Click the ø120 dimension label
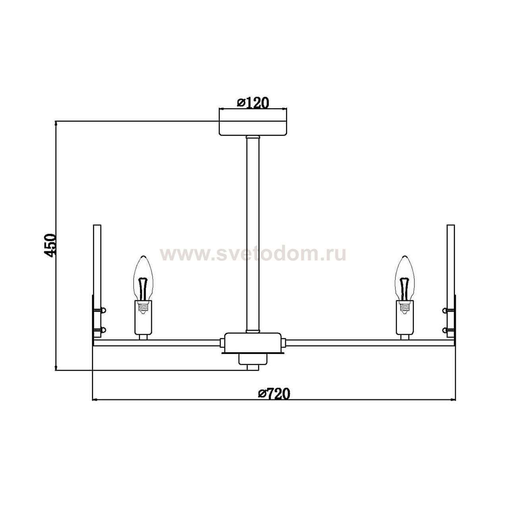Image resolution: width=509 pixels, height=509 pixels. (x=253, y=103)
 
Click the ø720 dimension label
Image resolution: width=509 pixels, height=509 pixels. (x=274, y=394)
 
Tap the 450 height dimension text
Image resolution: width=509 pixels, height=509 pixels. (x=51, y=245)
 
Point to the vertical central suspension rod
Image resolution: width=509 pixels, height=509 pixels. (x=253, y=235)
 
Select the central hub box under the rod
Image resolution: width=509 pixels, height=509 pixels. (x=253, y=342)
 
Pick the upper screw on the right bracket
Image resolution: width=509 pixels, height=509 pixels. (x=449, y=310)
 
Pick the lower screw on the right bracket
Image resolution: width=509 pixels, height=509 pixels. (x=449, y=330)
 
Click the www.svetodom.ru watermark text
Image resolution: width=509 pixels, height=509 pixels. (x=253, y=254)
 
